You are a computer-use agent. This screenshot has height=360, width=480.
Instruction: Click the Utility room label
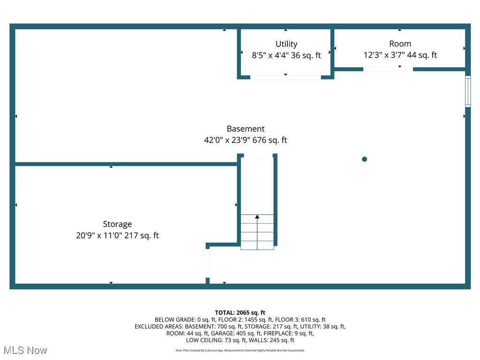coord(286,44)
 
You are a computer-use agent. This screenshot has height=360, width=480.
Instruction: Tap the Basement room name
coord(246,129)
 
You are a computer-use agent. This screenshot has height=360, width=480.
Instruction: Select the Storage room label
coord(117,225)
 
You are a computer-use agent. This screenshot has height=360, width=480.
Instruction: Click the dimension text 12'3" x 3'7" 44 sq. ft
coord(400,55)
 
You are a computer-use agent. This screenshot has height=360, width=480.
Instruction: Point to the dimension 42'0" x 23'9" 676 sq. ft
coord(246,140)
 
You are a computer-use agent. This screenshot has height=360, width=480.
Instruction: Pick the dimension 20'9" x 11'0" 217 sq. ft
coord(117,236)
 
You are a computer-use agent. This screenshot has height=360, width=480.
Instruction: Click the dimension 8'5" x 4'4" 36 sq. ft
coord(286,55)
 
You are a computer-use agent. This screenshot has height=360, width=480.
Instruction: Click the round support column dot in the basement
coord(364,159)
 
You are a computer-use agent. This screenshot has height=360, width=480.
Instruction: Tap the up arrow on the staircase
coord(257,217)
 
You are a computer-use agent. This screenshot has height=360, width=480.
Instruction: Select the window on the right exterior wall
coord(467,91)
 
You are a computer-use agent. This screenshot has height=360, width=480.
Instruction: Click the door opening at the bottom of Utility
coord(285,77)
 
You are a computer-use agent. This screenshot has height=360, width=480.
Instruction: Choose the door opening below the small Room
coord(388,69)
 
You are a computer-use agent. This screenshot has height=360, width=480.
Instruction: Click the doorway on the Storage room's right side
coord(207,263)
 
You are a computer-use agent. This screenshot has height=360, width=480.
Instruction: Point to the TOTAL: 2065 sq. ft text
coord(240,313)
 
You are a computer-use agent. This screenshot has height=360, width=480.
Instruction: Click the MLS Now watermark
coord(25,350)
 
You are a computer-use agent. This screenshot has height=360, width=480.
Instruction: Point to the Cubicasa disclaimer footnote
coord(240,350)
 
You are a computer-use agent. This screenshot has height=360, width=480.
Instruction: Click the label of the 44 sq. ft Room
coord(400,44)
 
